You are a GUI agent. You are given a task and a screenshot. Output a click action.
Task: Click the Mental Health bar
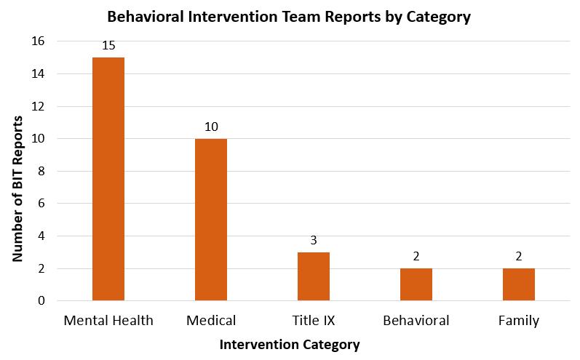[x=108, y=179]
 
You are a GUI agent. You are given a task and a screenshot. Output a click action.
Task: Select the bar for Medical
[x=211, y=220]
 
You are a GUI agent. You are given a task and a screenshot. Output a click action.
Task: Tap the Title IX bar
[x=314, y=276]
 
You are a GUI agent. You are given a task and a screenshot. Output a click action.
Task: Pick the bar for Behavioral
[x=416, y=284]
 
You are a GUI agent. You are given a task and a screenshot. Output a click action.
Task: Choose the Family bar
[x=519, y=284]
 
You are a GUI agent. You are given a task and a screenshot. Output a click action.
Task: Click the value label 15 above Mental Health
[x=108, y=46]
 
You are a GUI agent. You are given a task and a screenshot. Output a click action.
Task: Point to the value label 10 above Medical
[x=211, y=127]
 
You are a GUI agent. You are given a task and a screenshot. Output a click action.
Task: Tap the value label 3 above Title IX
[x=314, y=240]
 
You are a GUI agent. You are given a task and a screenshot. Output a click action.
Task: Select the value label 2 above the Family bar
[x=519, y=256]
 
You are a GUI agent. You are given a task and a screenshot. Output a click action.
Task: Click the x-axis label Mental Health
[x=108, y=321]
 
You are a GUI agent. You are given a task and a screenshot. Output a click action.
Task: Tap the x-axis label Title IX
[x=314, y=321]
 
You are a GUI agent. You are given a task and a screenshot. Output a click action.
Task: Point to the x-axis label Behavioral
[x=416, y=321]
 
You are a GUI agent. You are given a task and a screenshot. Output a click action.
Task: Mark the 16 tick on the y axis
[x=38, y=41]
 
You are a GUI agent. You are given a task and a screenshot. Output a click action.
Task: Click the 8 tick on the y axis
[x=41, y=171]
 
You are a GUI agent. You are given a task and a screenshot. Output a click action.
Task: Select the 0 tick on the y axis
[x=41, y=300]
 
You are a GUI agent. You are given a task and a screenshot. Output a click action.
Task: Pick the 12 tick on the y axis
[x=38, y=106]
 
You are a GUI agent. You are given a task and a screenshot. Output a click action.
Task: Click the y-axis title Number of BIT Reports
[x=17, y=189]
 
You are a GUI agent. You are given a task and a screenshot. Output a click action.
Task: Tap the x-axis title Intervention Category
[x=290, y=345]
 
